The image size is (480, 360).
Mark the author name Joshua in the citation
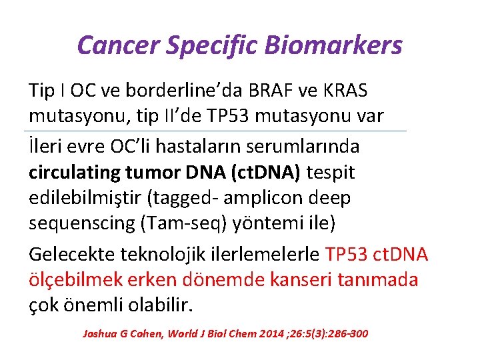(x=97, y=333)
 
